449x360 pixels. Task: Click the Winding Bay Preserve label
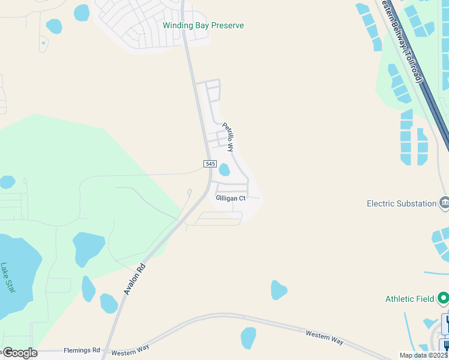click(x=203, y=26)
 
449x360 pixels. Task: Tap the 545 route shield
click(x=209, y=163)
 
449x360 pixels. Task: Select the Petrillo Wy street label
click(x=228, y=136)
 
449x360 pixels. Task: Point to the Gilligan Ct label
click(x=231, y=198)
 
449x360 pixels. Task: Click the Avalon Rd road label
click(x=135, y=278)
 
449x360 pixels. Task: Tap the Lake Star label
click(x=8, y=278)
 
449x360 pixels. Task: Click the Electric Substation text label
click(x=402, y=203)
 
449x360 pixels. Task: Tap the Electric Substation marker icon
click(x=444, y=203)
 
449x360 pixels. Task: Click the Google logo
click(x=19, y=353)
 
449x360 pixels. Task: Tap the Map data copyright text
click(x=424, y=355)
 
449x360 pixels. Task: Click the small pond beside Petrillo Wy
click(x=224, y=170)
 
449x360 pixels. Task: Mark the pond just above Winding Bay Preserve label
click(x=81, y=13)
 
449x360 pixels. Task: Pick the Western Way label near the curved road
click(x=324, y=337)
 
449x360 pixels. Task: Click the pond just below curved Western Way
click(x=248, y=337)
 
